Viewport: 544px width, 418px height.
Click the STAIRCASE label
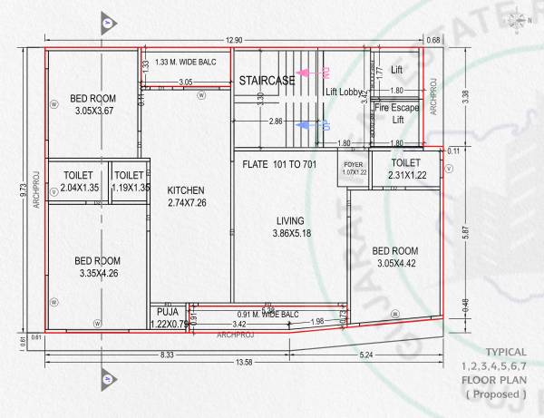click(x=267, y=82)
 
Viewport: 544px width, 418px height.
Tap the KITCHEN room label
click(x=186, y=190)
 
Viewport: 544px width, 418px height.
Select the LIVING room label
click(x=290, y=220)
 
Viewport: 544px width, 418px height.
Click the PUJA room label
click(x=164, y=311)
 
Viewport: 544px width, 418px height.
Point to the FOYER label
click(x=354, y=165)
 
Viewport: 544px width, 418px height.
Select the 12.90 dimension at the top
click(x=234, y=40)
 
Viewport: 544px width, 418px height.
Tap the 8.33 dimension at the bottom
click(x=166, y=354)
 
